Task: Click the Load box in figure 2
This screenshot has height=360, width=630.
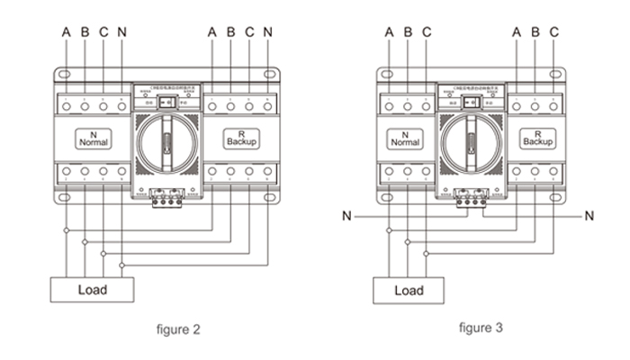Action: click(92, 290)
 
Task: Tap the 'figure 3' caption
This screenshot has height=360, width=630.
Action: click(481, 328)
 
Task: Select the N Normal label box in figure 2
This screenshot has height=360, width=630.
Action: click(94, 139)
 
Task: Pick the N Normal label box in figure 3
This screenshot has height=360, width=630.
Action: click(405, 139)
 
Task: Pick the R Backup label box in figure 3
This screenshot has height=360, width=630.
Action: click(537, 139)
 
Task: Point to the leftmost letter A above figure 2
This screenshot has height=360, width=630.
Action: click(66, 31)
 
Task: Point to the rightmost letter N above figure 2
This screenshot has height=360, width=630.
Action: click(268, 31)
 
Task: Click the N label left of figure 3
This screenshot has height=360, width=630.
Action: click(346, 216)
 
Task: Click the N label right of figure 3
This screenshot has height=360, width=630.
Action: click(589, 216)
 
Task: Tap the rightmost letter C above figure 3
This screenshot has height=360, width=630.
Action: click(554, 31)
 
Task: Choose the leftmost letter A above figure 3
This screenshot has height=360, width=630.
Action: click(389, 31)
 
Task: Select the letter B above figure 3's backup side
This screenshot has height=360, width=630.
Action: click(535, 31)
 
